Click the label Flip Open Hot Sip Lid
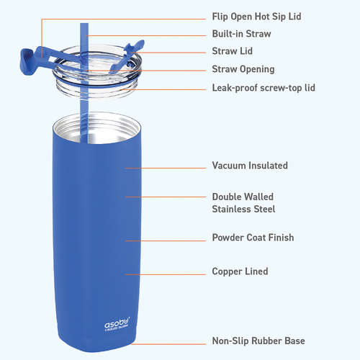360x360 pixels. [256, 17]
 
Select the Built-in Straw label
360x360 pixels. [241, 34]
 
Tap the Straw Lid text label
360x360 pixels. [232, 51]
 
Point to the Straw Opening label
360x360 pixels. [243, 69]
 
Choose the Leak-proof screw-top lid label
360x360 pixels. [264, 88]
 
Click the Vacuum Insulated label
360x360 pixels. [250, 166]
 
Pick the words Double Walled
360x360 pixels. [243, 197]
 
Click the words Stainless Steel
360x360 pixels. [243, 209]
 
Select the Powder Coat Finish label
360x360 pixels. [253, 238]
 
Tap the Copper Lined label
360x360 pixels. [240, 271]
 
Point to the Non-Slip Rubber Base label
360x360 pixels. [258, 341]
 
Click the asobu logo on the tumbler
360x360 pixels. [117, 324]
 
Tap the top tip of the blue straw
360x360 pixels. [84, 24]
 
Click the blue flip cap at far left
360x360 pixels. [27, 62]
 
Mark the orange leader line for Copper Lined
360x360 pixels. [166, 274]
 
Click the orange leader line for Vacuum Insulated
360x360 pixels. [166, 168]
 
